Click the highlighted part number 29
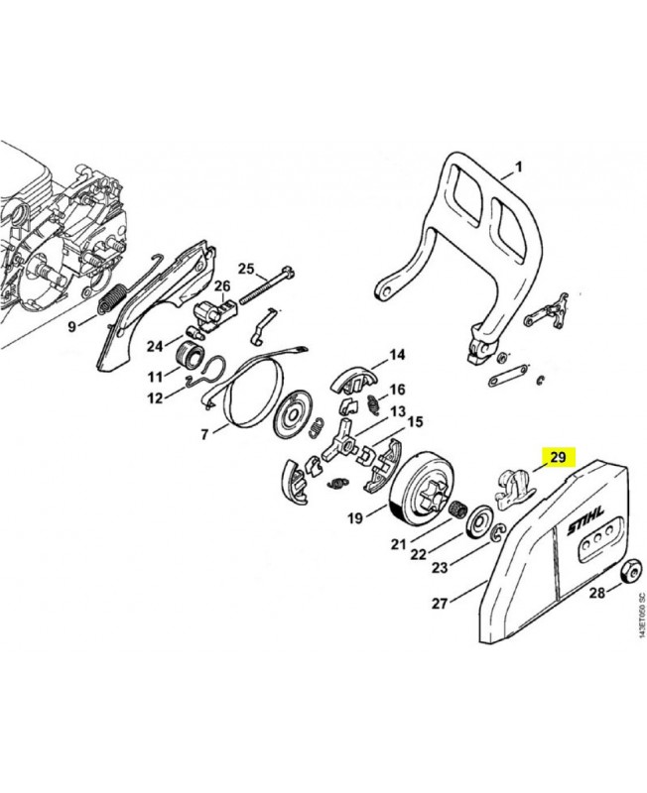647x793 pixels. (558, 457)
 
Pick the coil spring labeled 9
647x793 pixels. (113, 297)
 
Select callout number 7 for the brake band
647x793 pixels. (205, 433)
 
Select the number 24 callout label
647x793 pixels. (154, 346)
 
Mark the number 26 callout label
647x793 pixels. (223, 286)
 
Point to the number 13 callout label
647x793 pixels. (398, 410)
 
